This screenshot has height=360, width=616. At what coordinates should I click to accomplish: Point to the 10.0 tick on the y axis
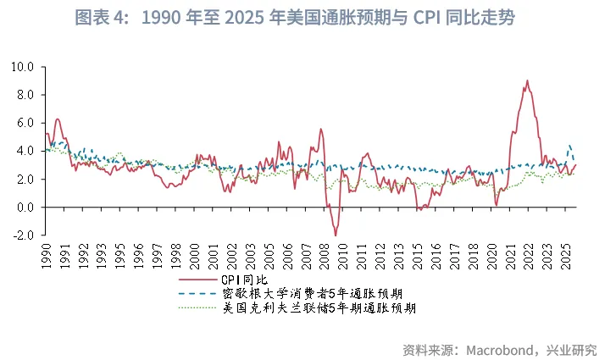23,66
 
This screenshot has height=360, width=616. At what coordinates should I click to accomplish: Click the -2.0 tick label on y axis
23,235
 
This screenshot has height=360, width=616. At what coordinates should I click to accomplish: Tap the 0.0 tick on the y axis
25,208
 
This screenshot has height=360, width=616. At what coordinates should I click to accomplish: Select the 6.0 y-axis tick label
25,123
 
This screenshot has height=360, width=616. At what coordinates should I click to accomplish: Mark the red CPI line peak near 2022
527,80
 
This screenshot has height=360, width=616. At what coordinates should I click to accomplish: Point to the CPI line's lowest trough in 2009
336,235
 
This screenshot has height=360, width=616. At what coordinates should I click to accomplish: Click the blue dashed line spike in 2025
569,145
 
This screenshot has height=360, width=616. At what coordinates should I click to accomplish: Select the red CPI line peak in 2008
320,129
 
